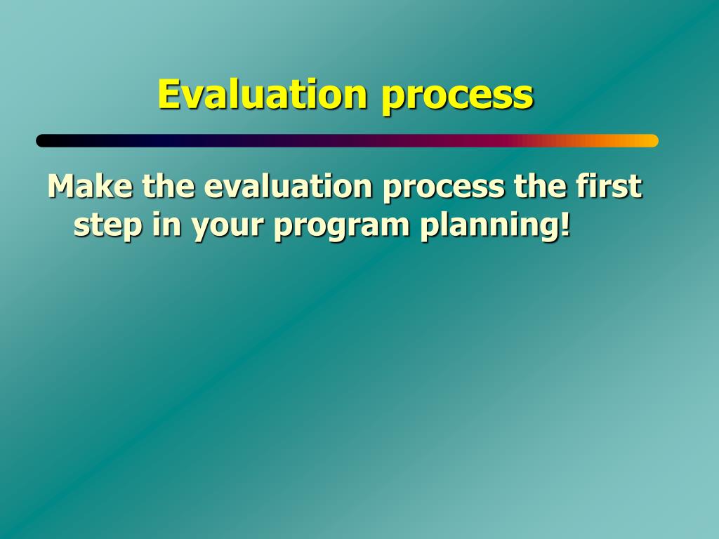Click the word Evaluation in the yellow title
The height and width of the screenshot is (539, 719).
tap(263, 94)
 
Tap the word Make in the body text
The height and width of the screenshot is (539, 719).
tap(91, 185)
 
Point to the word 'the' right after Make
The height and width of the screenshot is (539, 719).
tap(169, 185)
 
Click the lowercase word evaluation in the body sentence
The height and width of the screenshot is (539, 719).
tap(288, 185)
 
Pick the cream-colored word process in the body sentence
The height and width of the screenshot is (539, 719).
tap(444, 189)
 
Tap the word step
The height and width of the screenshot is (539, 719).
tap(108, 227)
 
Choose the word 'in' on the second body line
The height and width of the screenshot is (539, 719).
tap(166, 224)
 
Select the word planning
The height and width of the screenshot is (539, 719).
tap(489, 226)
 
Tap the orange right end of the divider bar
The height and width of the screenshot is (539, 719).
tap(652, 140)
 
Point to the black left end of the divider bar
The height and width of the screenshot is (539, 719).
tap(43, 140)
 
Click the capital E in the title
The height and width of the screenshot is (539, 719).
tap(168, 94)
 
